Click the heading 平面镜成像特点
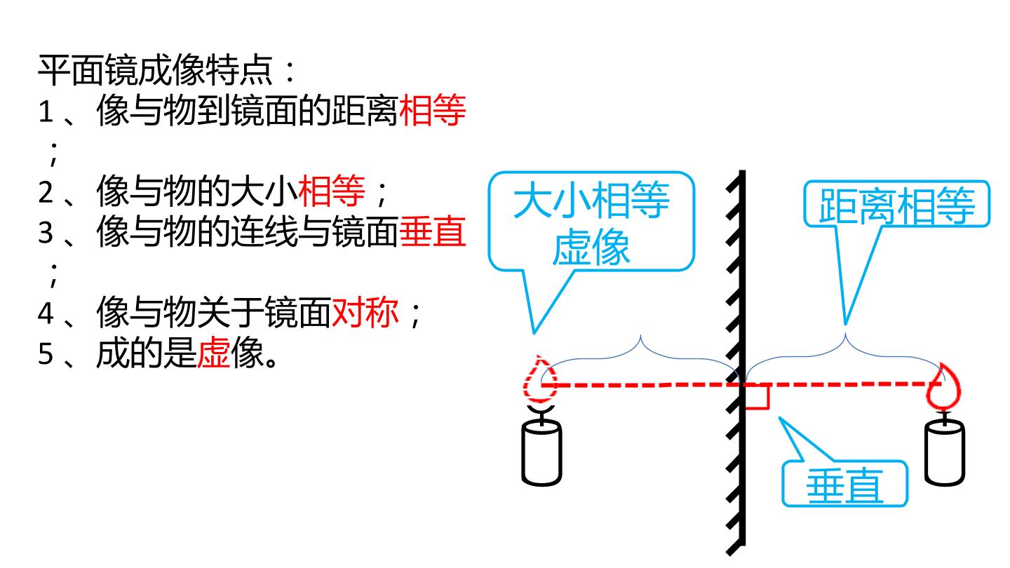(x=156, y=70)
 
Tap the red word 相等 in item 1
(x=432, y=110)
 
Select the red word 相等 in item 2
(x=331, y=191)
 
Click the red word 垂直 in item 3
(x=432, y=231)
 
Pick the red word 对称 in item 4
(x=365, y=312)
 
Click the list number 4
(x=46, y=313)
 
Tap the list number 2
(x=46, y=192)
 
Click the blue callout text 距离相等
(x=896, y=205)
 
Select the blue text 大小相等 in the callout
(x=591, y=200)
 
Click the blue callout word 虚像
(x=591, y=247)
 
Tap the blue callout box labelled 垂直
(x=844, y=483)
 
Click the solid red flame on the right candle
(x=943, y=387)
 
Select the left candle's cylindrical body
(x=541, y=452)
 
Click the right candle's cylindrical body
(x=945, y=452)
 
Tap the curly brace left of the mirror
(x=640, y=358)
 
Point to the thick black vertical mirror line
(x=742, y=358)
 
